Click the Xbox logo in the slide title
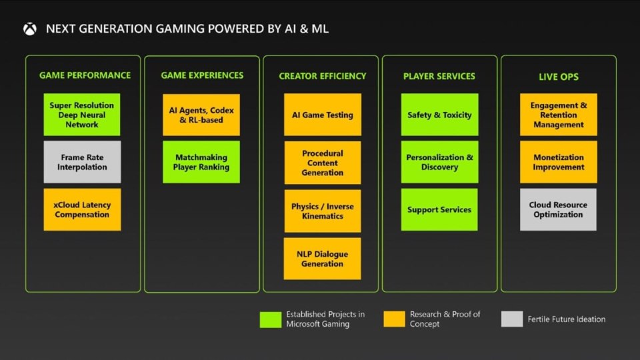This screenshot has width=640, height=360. [x=29, y=29]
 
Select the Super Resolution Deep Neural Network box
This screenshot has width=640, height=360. [x=82, y=115]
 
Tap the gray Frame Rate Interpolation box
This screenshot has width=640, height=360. [x=82, y=162]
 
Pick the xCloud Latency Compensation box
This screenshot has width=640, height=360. [x=82, y=209]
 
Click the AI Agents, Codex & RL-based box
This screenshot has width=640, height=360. [x=201, y=115]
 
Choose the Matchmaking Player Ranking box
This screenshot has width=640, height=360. [x=201, y=162]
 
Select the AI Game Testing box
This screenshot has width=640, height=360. [x=323, y=115]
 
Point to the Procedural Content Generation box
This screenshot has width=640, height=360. [x=323, y=163]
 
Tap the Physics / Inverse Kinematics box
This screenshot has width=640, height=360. [x=323, y=211]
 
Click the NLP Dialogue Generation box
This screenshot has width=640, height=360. [x=323, y=259]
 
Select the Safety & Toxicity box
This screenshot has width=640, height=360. [x=439, y=115]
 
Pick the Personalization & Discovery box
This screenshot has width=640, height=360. [x=439, y=162]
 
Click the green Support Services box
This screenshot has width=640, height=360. [x=439, y=209]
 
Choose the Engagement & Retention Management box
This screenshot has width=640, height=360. [x=559, y=115]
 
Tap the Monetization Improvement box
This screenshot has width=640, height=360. [x=559, y=162]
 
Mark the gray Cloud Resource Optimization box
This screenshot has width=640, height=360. [x=559, y=209]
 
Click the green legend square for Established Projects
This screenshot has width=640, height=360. [x=271, y=319]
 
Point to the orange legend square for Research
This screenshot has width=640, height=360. [x=395, y=319]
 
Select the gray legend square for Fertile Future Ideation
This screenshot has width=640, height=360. [x=512, y=319]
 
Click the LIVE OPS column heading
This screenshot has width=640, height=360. [x=559, y=77]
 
